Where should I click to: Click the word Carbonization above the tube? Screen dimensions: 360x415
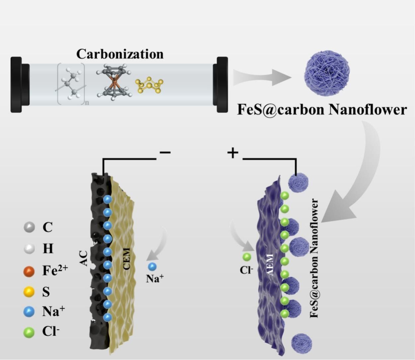click(x=120, y=54)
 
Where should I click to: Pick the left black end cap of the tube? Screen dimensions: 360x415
click(x=17, y=85)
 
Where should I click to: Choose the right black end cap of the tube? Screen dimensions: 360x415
click(x=222, y=85)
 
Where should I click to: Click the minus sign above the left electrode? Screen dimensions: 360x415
click(x=165, y=152)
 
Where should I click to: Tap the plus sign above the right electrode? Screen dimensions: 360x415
click(x=233, y=153)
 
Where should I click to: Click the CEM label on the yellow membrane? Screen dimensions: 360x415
click(x=126, y=259)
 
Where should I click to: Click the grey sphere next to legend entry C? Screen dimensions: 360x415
click(x=29, y=227)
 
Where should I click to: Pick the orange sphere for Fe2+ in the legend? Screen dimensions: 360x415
click(x=29, y=272)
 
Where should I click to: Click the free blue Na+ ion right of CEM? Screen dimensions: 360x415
click(x=152, y=266)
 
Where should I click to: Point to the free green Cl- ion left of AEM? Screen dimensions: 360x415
click(x=247, y=257)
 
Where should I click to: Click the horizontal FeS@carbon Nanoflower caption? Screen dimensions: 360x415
click(x=321, y=109)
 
